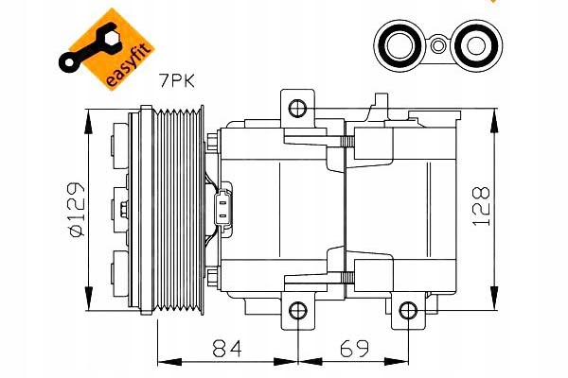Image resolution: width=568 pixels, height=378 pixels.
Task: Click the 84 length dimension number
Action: (x=228, y=351)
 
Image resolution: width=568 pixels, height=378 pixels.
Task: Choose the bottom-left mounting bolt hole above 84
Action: (x=297, y=310)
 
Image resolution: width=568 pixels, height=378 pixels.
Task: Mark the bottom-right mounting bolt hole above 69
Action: (x=407, y=310)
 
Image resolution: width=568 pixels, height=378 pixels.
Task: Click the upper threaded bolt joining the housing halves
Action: (x=346, y=143)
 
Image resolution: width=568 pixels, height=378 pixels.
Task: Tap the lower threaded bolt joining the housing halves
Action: (x=346, y=273)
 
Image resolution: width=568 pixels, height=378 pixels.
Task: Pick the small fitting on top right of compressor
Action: (x=382, y=103)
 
